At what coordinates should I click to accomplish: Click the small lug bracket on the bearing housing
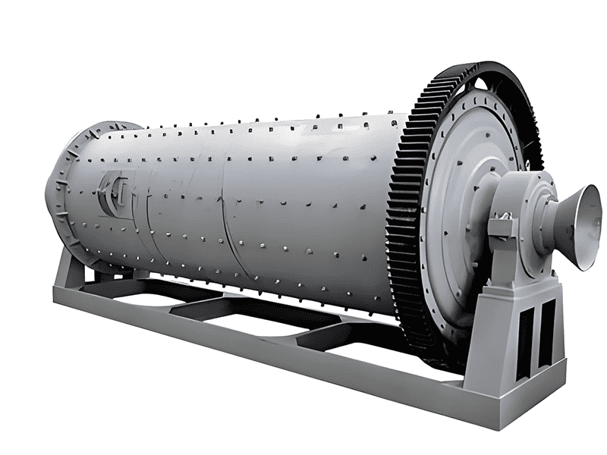(x=500, y=227)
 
